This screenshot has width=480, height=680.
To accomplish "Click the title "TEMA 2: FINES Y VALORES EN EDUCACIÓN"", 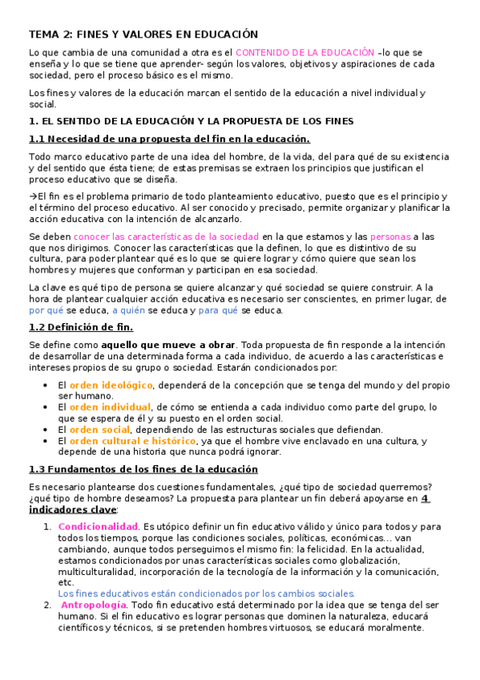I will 143,34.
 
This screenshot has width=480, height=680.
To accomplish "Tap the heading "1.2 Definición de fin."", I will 81,327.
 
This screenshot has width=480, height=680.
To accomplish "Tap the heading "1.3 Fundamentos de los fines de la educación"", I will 143,469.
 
